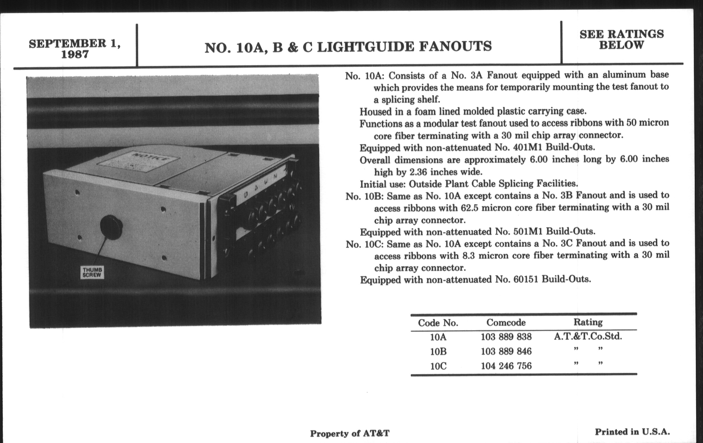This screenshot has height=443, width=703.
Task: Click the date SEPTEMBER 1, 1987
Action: (x=75, y=49)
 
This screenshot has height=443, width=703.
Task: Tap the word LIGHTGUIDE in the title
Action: (x=365, y=47)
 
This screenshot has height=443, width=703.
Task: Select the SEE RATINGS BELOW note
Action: (x=621, y=39)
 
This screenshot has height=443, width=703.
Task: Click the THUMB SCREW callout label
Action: (x=92, y=272)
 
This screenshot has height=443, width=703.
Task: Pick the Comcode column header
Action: (x=506, y=323)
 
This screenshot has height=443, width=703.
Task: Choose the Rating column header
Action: (x=588, y=322)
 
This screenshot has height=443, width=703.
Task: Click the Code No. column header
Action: (x=438, y=323)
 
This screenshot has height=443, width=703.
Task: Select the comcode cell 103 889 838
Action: (x=506, y=337)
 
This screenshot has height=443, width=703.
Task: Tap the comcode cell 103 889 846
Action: (x=506, y=351)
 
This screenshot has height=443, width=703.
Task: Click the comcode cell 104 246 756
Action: (x=506, y=366)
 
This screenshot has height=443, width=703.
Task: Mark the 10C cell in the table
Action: (x=438, y=366)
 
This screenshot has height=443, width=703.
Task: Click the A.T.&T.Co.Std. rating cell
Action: (x=588, y=336)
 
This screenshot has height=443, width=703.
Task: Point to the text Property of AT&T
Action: (x=349, y=433)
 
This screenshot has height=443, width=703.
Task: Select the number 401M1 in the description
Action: (x=527, y=147)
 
